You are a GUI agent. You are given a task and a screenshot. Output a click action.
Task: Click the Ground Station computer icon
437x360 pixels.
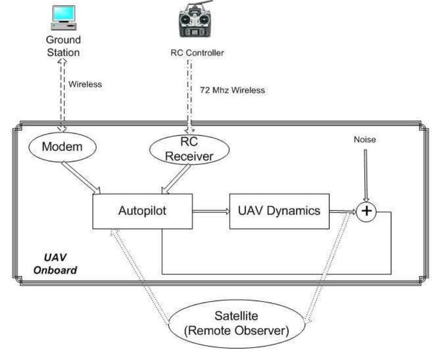tap(63, 18)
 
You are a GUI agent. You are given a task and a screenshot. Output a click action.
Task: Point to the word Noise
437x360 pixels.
tap(365, 140)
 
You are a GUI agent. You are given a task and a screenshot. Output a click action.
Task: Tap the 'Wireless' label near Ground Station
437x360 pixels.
tap(85, 84)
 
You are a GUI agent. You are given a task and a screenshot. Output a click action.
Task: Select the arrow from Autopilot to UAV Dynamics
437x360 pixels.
tap(211, 211)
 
